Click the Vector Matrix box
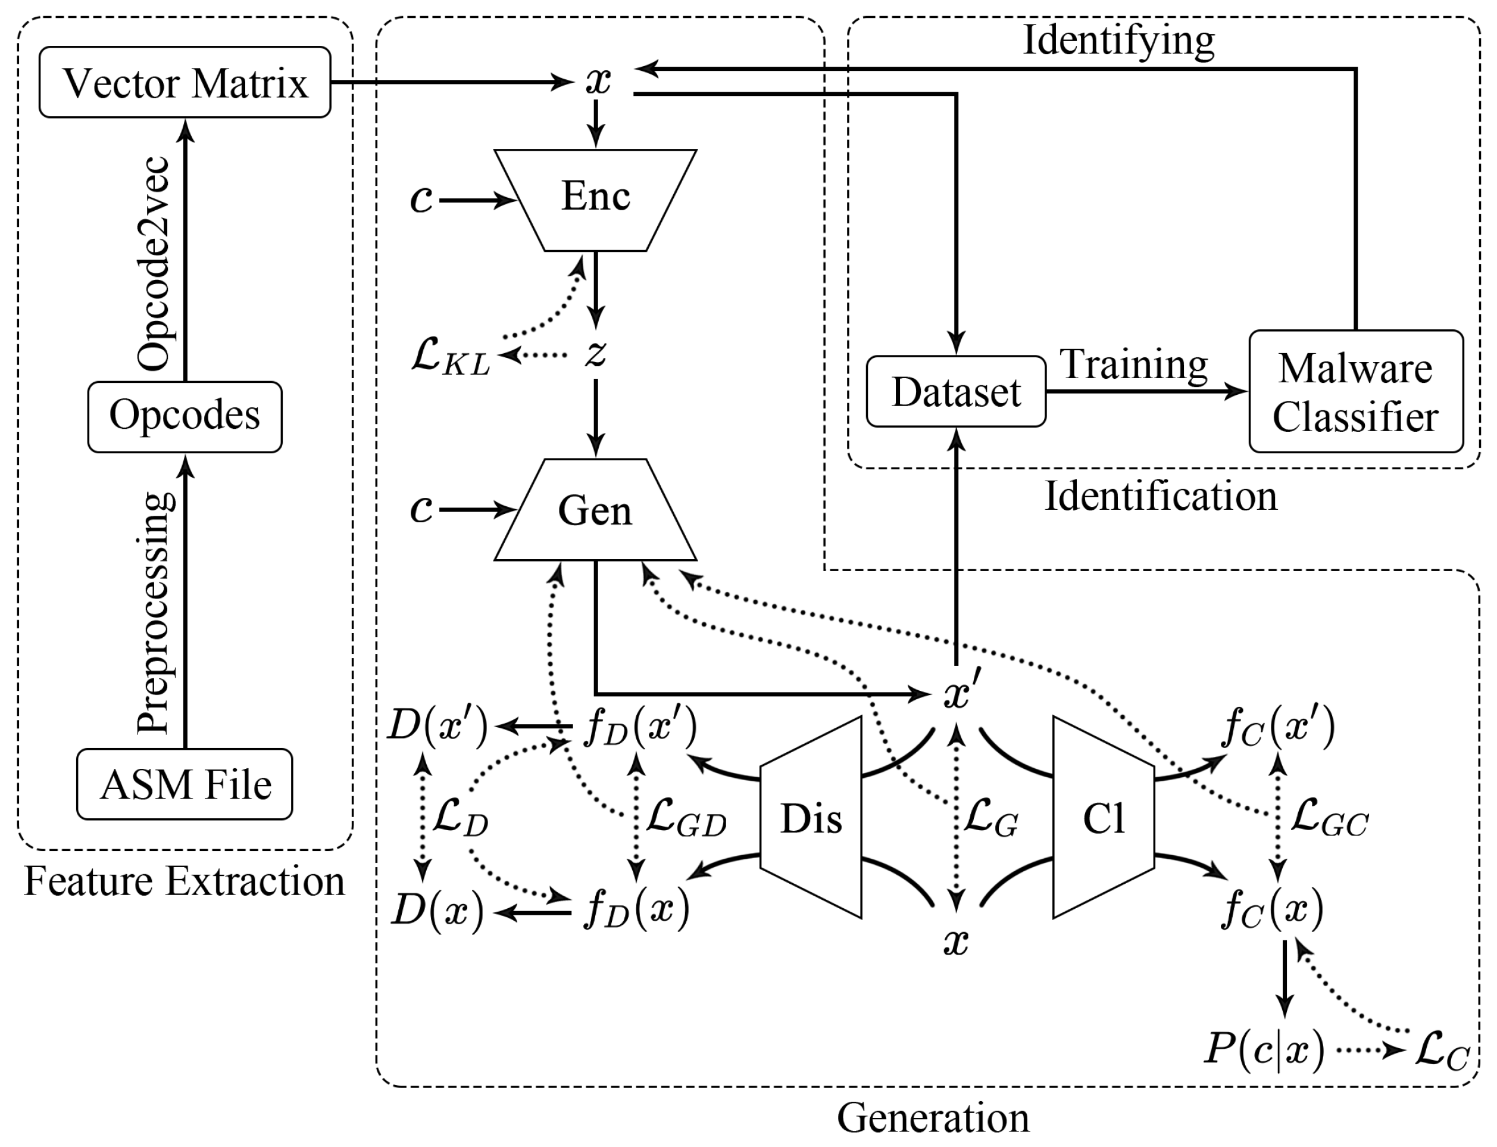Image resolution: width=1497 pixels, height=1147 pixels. [x=185, y=82]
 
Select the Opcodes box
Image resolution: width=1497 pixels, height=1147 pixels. [x=185, y=416]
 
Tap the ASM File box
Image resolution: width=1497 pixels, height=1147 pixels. [x=185, y=784]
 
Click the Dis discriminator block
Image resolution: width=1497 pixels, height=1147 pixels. [x=811, y=817]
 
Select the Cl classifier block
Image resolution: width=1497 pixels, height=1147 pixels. [x=1104, y=817]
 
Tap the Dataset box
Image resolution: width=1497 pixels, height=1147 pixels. [x=956, y=392]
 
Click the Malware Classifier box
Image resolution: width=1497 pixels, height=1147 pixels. [x=1355, y=392]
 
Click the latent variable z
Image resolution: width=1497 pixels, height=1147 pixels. [x=596, y=354]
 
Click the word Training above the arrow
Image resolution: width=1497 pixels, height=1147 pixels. [x=1133, y=364]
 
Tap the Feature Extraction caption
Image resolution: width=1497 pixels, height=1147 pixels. [x=185, y=881]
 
